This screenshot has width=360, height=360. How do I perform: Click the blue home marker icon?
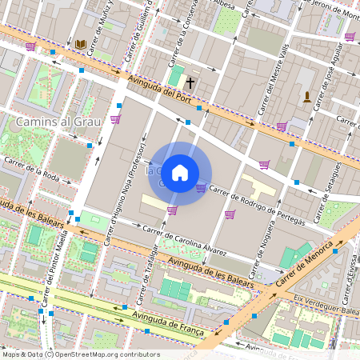pyautogui.click(x=180, y=173)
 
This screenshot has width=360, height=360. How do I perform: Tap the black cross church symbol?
pyautogui.click(x=190, y=82)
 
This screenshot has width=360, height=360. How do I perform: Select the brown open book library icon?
pyautogui.click(x=80, y=44)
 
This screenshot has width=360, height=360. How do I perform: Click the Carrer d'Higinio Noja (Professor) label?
pyautogui.click(x=124, y=191)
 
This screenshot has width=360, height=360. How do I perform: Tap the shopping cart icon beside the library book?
pyautogui.click(x=30, y=46)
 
